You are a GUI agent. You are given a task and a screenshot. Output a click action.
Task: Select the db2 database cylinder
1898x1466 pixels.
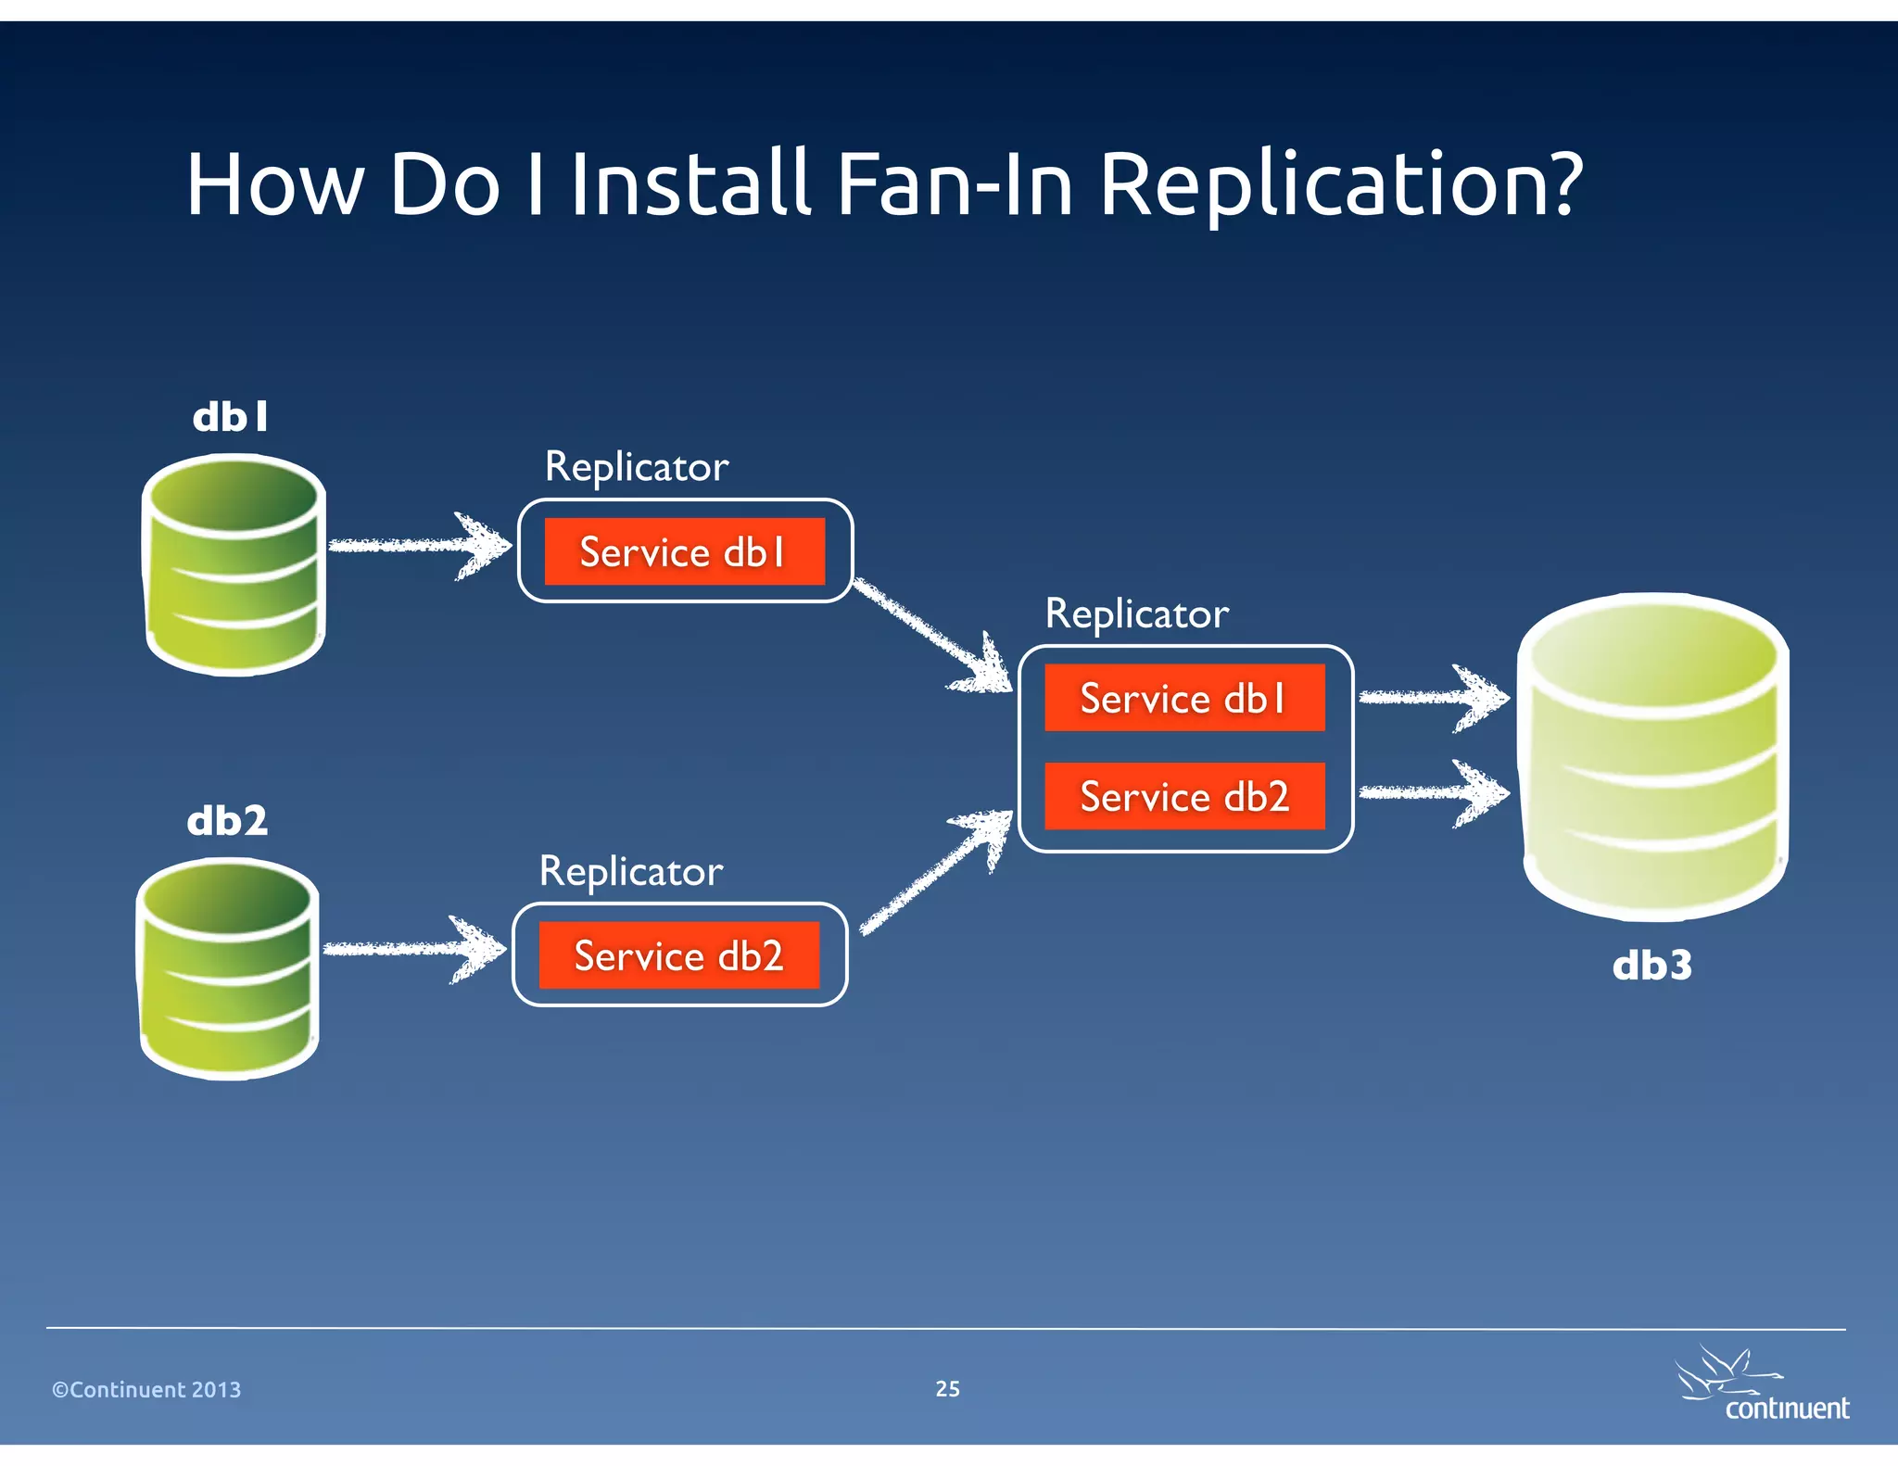tap(228, 967)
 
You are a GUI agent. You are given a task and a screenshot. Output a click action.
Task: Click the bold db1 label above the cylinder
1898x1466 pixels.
tap(231, 417)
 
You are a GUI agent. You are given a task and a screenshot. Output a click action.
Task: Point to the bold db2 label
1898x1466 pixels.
tap(227, 821)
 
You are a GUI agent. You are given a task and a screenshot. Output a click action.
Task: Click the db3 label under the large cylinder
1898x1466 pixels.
tap(1651, 966)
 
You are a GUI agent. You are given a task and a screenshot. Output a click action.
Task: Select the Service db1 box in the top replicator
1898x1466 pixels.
tap(684, 552)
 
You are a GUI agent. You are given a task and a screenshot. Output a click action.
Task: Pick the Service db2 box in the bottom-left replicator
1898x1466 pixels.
tap(678, 955)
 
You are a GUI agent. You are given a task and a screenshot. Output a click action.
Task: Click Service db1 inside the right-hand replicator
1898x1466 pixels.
tap(1184, 698)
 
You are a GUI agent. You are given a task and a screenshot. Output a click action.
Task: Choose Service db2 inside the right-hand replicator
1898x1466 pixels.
tap(1184, 796)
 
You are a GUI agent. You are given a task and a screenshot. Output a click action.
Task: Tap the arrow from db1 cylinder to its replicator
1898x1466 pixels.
tap(419, 546)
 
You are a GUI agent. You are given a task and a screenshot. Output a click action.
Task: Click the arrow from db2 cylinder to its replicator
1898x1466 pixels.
tap(413, 949)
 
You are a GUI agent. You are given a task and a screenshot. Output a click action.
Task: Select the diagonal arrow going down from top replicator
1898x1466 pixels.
tap(931, 636)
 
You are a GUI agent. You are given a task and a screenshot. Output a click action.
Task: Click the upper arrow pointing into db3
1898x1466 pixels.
tap(1432, 698)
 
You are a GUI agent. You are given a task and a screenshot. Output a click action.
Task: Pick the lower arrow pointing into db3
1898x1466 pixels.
tap(1432, 792)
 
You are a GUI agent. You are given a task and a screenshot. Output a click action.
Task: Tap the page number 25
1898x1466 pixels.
tap(947, 1388)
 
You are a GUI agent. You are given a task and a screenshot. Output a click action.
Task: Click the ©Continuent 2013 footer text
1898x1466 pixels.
tap(146, 1389)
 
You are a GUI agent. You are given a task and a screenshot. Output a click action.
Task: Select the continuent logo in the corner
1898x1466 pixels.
tap(1761, 1386)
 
